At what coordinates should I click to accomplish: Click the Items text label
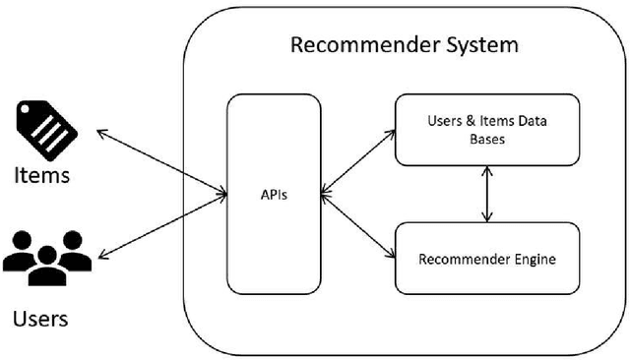click(41, 176)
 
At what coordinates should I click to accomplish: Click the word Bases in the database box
click(487, 141)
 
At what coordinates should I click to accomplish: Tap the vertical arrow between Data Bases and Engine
click(484, 194)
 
